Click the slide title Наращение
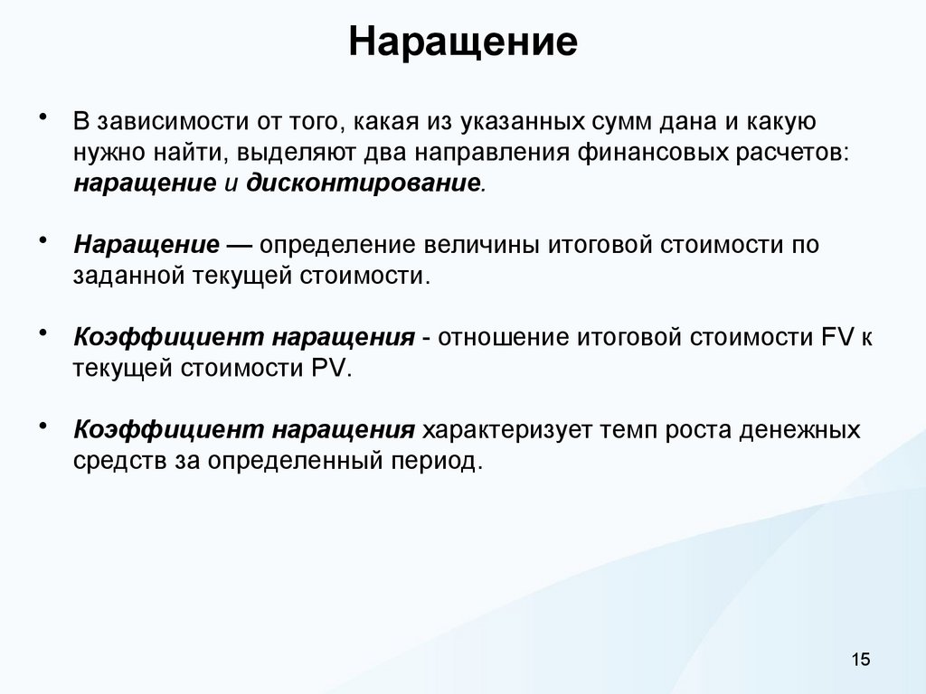click(463, 42)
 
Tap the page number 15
click(859, 661)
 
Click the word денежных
click(799, 430)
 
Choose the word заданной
click(128, 276)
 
